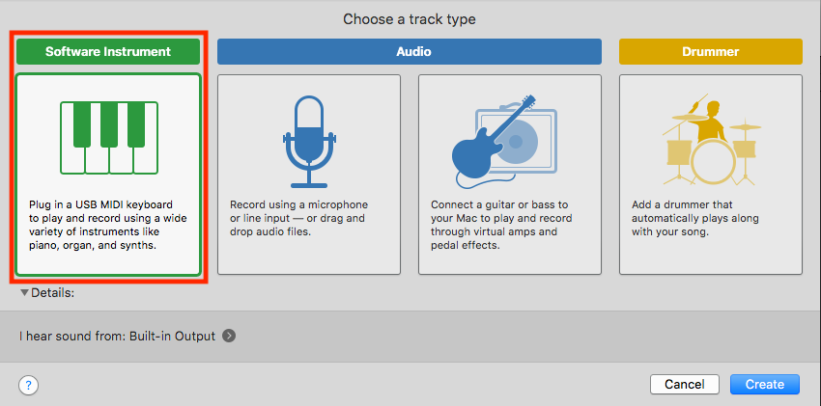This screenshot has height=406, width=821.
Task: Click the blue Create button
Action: pos(764,384)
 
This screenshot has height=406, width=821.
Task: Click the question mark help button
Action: pos(28,386)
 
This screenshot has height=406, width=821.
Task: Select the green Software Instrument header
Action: pos(108,52)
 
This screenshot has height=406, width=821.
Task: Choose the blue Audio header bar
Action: pos(409,52)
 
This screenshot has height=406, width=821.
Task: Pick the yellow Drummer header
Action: pos(711,52)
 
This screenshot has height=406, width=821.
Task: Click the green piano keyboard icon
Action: pos(109,138)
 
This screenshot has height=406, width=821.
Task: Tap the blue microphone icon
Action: pos(309,141)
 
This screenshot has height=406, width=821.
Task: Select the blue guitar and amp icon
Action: pos(503,141)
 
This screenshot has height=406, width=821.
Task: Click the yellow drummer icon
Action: pos(711,141)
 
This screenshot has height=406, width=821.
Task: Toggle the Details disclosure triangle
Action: pos(24,293)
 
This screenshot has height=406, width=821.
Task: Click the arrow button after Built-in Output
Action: pos(228,336)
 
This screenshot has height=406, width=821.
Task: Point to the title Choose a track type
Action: pos(409,20)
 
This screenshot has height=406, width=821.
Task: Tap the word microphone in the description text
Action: pos(340,204)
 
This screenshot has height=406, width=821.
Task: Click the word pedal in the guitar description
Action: pos(444,246)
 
